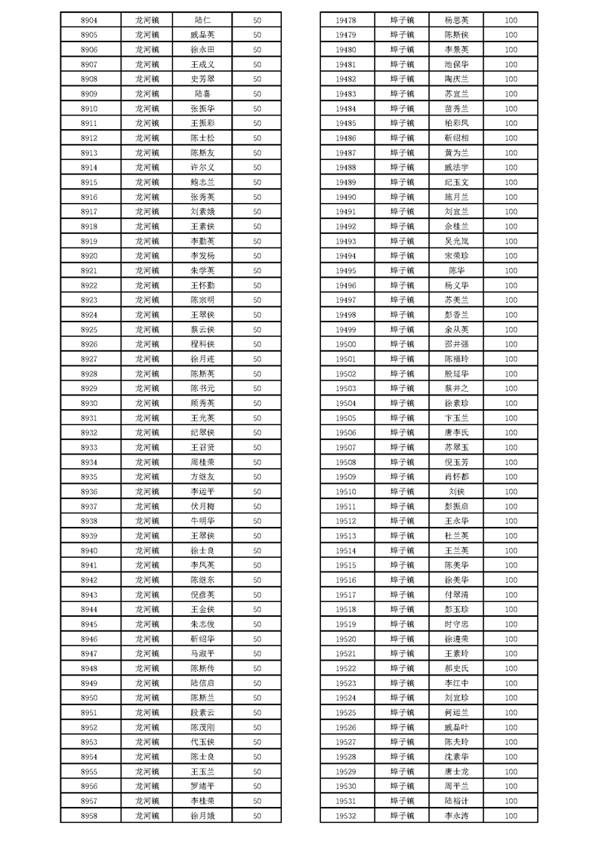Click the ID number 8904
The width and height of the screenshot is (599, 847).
click(x=88, y=20)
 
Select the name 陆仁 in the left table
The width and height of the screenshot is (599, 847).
click(x=203, y=20)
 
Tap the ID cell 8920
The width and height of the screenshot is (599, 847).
click(x=88, y=256)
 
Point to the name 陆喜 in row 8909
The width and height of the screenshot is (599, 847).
click(x=203, y=94)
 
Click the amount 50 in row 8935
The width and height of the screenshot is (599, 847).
click(x=257, y=477)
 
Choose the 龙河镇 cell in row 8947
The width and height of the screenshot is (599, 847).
click(x=147, y=654)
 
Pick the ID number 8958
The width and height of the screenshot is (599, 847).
click(x=88, y=816)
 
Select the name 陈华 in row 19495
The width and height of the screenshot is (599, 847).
click(x=457, y=270)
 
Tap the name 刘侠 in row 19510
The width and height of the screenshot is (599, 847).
click(x=457, y=491)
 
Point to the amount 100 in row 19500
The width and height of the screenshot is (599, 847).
click(x=511, y=344)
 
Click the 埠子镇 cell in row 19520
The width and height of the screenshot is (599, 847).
click(x=402, y=639)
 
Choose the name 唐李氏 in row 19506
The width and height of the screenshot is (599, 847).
click(x=457, y=433)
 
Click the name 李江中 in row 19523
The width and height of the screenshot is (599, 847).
click(x=457, y=683)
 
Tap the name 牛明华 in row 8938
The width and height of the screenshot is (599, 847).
click(x=203, y=521)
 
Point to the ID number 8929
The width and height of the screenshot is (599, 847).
click(x=88, y=389)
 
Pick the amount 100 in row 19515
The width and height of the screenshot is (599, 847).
click(x=511, y=565)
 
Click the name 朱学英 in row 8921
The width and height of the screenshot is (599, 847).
click(x=203, y=270)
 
